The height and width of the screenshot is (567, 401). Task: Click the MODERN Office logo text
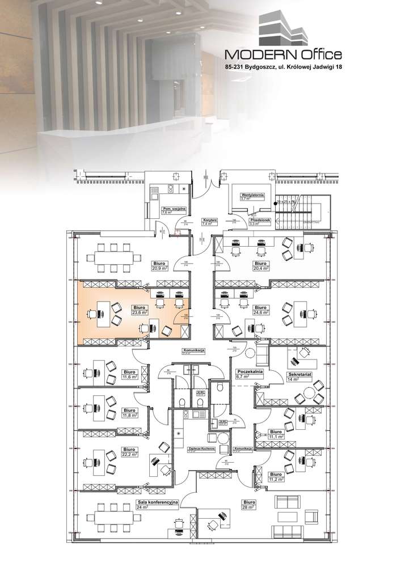(284, 54)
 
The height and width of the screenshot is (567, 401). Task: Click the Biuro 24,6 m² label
(261, 310)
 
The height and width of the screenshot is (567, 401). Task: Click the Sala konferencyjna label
(158, 503)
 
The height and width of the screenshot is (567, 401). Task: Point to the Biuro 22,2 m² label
(129, 449)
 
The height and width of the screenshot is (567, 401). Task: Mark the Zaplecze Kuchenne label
(201, 449)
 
